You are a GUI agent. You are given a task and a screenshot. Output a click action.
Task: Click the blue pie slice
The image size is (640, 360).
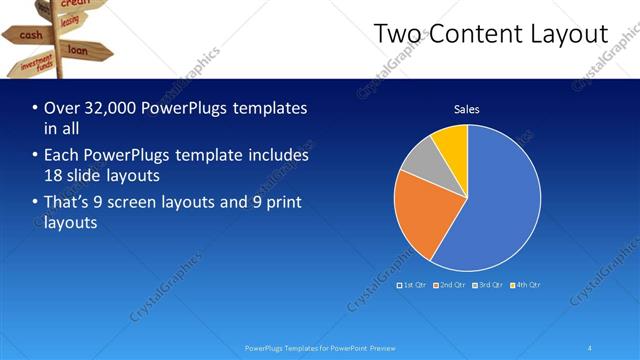(x=495, y=200)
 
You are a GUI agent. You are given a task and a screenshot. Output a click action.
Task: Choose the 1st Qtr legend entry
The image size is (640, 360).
(x=413, y=285)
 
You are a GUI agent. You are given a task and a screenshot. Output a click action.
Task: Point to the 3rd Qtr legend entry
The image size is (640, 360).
(x=488, y=285)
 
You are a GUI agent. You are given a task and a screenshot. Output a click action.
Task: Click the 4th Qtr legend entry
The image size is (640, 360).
(x=525, y=285)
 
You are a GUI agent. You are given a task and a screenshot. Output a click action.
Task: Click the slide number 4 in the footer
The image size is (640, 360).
(x=589, y=348)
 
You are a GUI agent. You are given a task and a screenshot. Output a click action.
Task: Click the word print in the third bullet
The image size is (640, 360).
(x=281, y=203)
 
